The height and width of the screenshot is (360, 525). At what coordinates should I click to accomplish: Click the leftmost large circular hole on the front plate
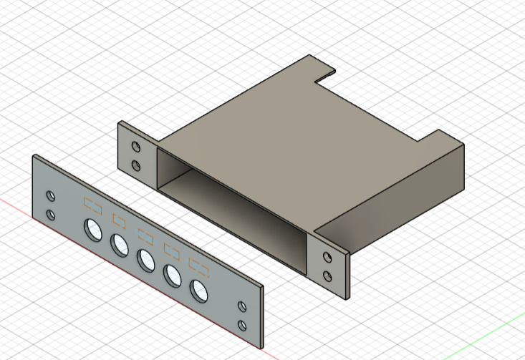tap(92, 229)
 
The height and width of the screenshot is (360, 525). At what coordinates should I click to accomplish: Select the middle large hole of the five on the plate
tap(146, 260)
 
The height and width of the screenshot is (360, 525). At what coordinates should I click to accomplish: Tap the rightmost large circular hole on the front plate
tap(198, 290)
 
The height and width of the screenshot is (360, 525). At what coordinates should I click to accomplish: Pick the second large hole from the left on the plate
tap(120, 245)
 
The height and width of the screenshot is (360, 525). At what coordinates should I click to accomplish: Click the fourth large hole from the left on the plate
tap(173, 275)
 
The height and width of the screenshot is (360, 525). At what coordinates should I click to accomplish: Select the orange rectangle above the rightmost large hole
tap(198, 266)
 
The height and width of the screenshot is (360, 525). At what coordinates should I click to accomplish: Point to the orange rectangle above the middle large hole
tap(146, 235)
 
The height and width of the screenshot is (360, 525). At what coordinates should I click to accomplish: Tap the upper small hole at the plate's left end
tap(50, 195)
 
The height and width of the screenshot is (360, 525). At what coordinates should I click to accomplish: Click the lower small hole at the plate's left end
tap(50, 214)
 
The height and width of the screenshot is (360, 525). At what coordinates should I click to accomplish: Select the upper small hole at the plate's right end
tap(241, 306)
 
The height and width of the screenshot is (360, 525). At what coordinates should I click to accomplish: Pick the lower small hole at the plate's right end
tap(241, 324)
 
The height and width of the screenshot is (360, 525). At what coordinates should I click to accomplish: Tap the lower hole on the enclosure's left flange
tap(136, 165)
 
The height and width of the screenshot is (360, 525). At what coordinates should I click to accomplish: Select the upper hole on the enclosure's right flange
tap(328, 257)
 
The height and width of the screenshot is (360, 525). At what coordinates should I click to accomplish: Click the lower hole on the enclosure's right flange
tap(328, 276)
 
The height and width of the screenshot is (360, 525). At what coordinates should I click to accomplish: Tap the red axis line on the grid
tap(14, 205)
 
